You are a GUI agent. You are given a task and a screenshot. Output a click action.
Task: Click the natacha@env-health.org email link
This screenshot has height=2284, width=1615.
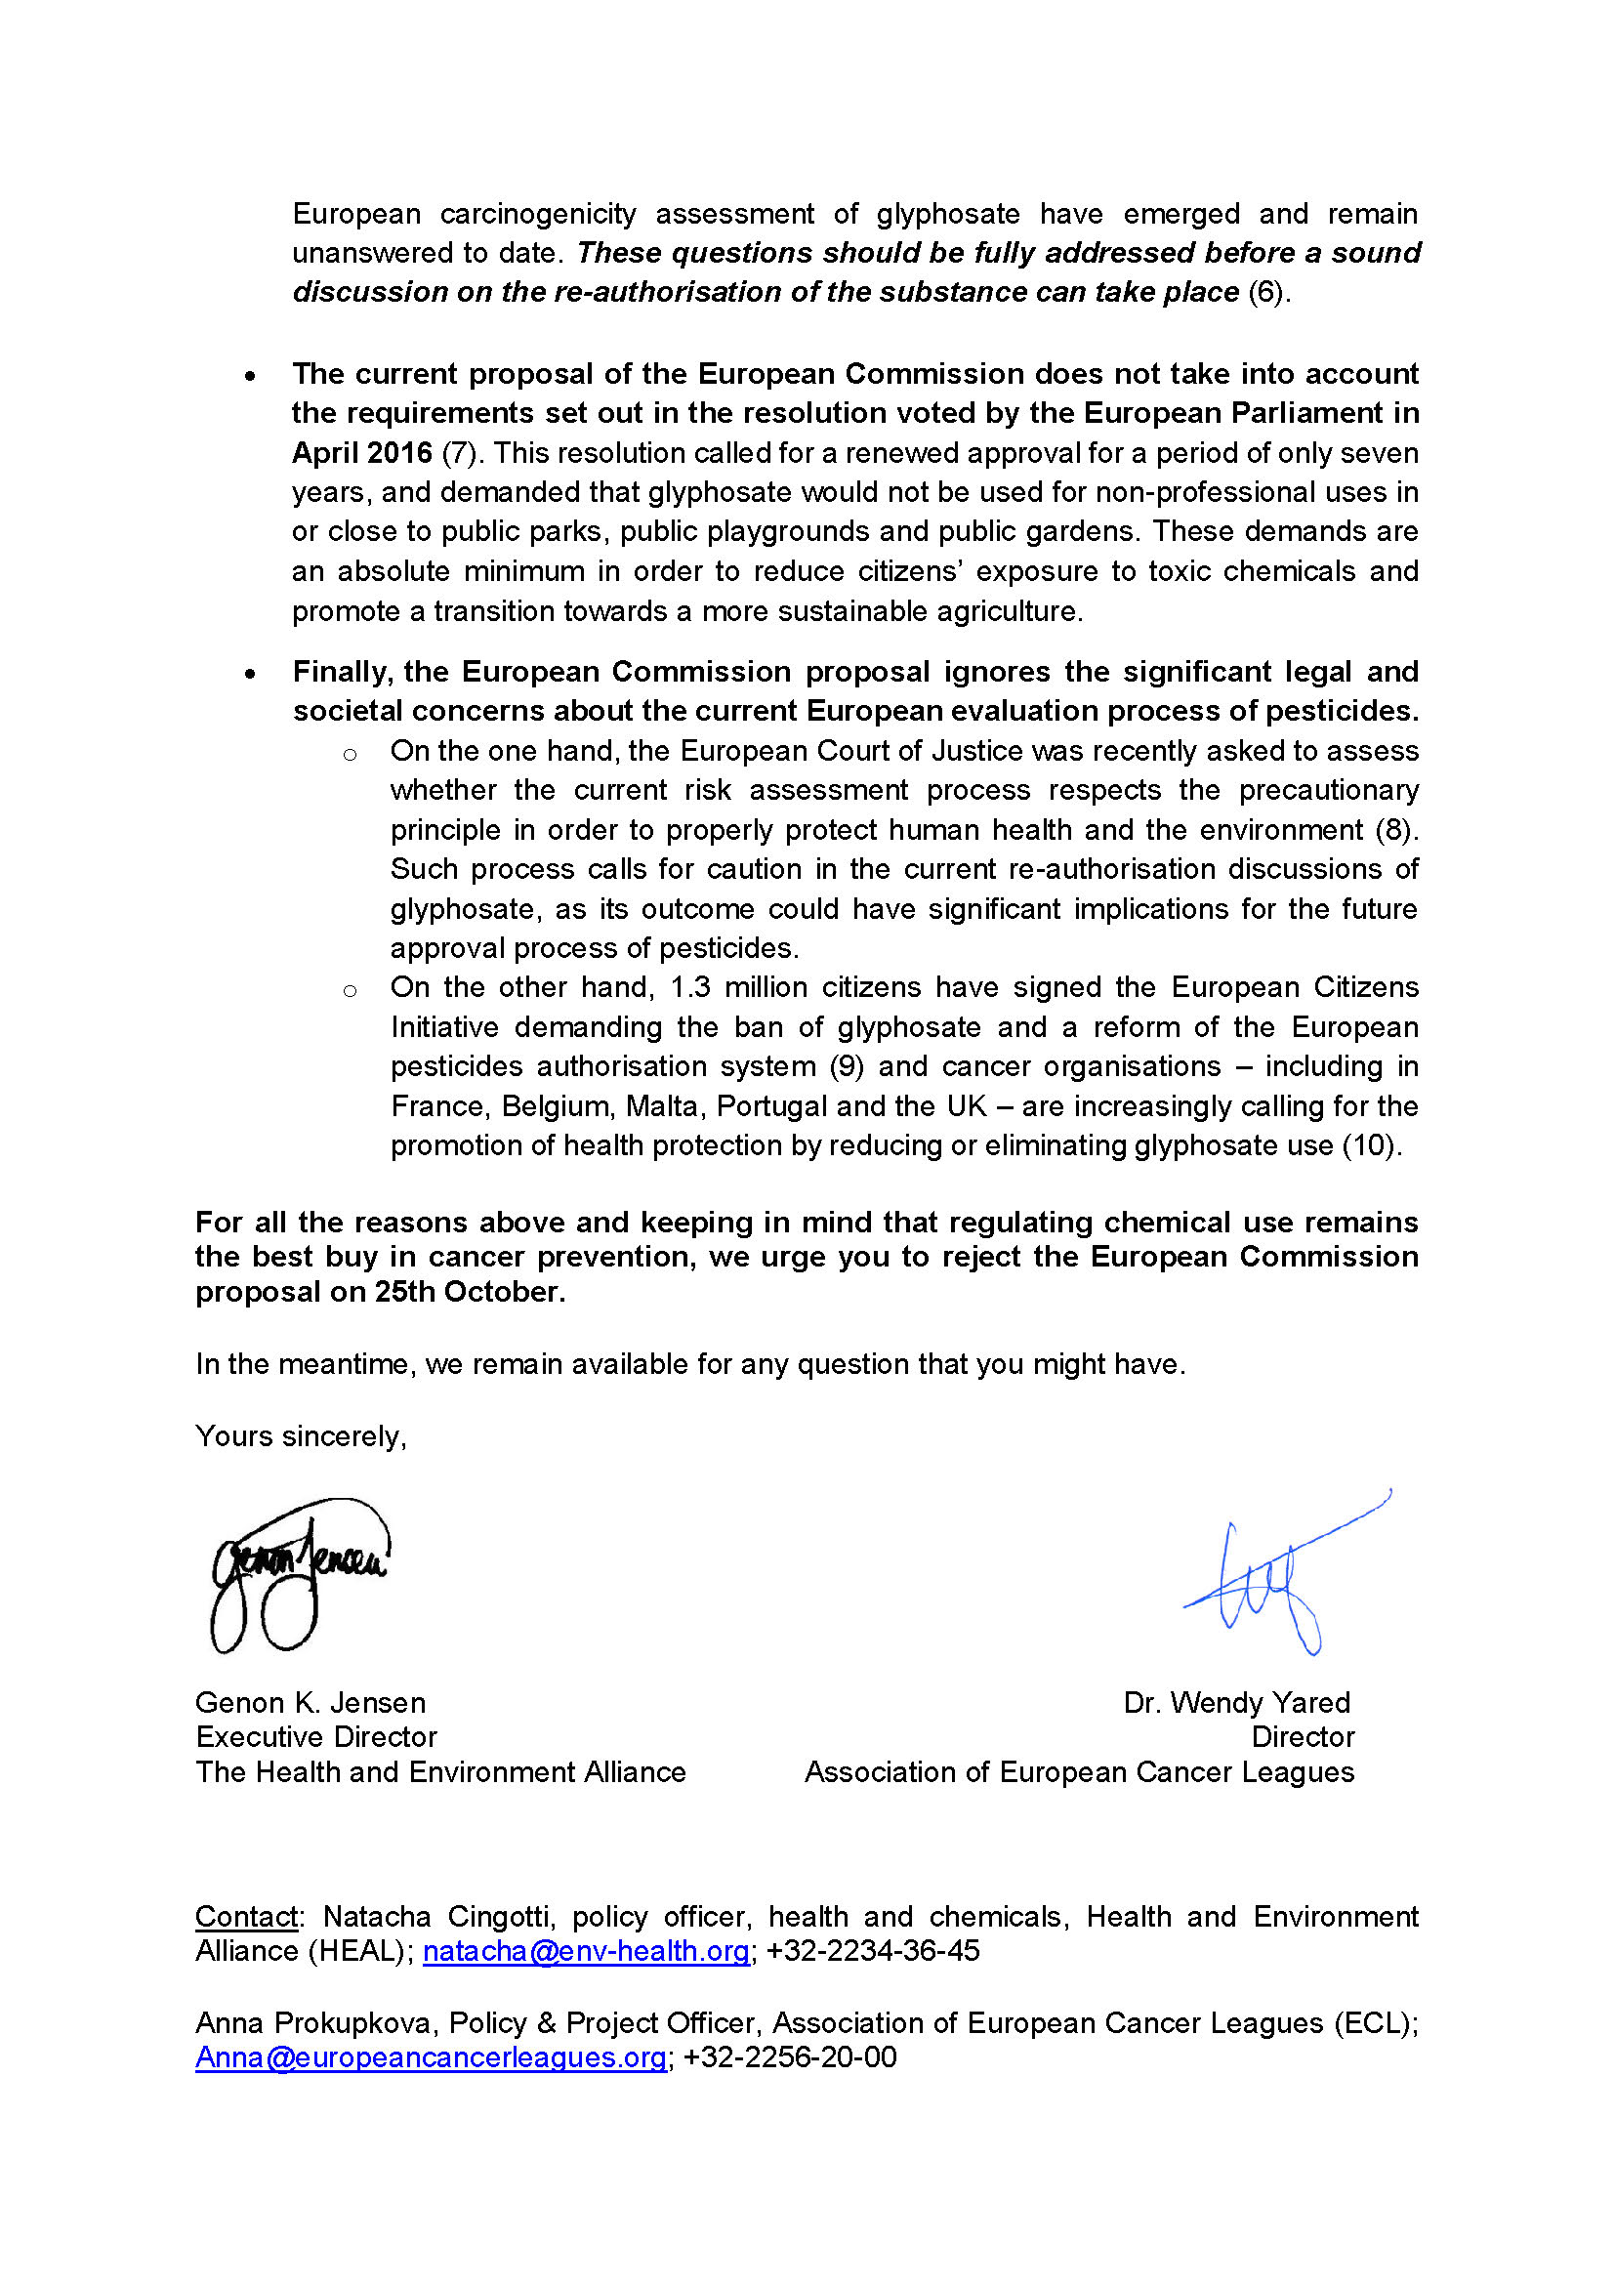click(586, 1952)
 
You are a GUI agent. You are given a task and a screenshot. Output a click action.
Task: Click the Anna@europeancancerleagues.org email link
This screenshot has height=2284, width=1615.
click(431, 2057)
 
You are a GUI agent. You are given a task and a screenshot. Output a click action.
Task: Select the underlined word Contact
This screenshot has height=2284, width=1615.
click(246, 1917)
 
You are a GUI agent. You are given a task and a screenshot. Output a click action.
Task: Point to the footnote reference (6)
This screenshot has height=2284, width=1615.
click(1267, 293)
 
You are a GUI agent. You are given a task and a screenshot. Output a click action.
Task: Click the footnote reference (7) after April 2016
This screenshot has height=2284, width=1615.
click(460, 454)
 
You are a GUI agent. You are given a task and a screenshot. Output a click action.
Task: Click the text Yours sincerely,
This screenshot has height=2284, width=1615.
click(301, 1436)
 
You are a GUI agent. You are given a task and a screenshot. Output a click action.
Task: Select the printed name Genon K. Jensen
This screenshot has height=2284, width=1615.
click(311, 1703)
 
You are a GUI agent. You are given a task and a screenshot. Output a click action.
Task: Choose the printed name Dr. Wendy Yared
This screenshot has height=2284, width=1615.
click(1236, 1703)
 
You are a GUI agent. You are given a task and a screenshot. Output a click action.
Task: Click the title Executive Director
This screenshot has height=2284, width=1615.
click(316, 1737)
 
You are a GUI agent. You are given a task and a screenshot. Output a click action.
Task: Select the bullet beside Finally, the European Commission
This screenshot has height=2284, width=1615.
click(251, 675)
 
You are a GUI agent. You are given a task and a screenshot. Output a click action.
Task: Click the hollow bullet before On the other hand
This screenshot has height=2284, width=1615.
click(349, 991)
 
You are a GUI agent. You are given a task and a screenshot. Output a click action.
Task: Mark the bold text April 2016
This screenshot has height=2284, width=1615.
click(362, 454)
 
